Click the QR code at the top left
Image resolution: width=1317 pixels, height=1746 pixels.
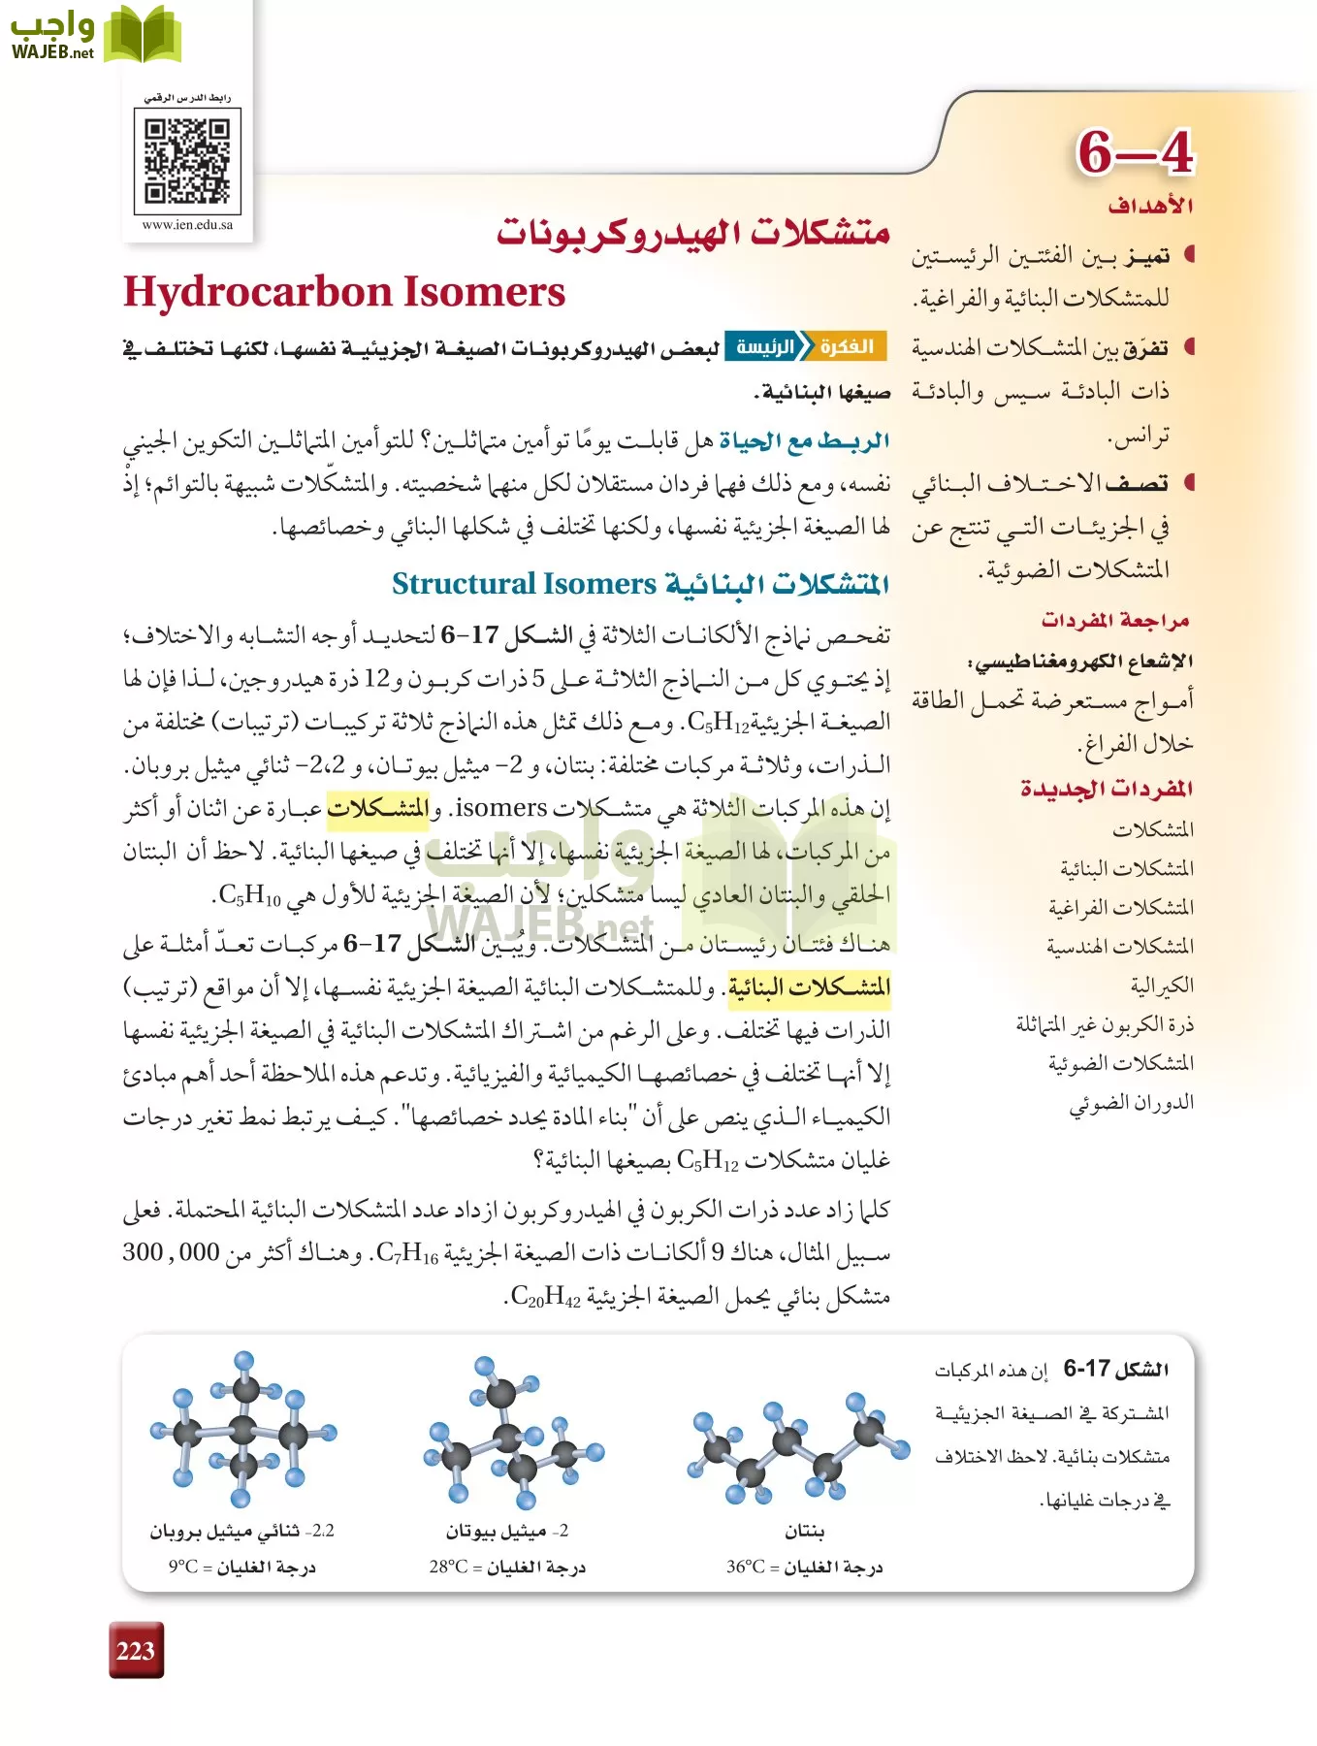click(x=187, y=161)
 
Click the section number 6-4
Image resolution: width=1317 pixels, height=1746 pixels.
click(x=1135, y=152)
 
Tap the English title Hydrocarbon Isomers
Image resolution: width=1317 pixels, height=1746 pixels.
click(x=344, y=292)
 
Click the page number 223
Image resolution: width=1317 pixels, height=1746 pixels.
click(x=135, y=1651)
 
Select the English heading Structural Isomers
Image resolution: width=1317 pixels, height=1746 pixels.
click(x=524, y=584)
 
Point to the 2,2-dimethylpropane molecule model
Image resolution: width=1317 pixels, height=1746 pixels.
click(x=242, y=1431)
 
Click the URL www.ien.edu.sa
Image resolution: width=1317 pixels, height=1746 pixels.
click(x=187, y=225)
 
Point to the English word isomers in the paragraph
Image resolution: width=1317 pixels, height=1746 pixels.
click(x=500, y=807)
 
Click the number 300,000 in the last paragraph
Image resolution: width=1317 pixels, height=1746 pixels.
click(x=171, y=1252)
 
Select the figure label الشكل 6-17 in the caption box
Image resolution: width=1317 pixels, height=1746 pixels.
click(x=1116, y=1370)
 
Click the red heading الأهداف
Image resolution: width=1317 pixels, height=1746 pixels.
click(x=1150, y=206)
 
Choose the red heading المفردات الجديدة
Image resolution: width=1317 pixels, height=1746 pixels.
click(x=1107, y=789)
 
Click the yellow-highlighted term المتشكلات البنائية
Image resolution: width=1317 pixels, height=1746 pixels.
click(x=809, y=986)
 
